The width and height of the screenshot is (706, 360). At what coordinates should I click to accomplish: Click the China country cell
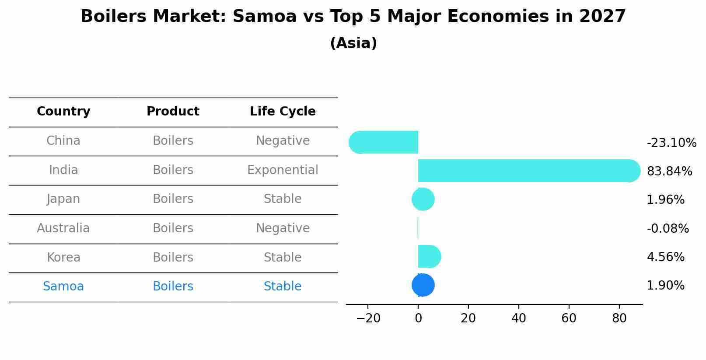[63, 141]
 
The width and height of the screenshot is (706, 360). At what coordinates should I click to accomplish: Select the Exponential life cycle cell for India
[283, 170]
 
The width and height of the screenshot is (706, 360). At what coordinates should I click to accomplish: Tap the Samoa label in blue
[63, 287]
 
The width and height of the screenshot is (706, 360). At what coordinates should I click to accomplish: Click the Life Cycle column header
[283, 112]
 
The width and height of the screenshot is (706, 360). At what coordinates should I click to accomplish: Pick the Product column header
[173, 112]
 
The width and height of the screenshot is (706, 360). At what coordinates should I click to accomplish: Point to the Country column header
[63, 112]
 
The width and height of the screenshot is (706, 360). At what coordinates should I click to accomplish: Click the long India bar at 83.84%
[525, 171]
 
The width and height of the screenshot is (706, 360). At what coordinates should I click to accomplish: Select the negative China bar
[385, 142]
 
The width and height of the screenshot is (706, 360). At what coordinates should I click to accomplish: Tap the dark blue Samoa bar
[423, 285]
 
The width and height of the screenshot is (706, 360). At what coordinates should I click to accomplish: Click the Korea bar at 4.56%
[429, 256]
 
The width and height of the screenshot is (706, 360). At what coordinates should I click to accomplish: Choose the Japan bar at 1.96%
[423, 199]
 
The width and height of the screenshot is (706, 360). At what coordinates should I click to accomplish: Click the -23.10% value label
[671, 143]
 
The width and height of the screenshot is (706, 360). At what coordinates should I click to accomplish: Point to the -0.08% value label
[668, 229]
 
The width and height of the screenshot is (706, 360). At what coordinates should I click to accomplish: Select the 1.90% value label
[665, 286]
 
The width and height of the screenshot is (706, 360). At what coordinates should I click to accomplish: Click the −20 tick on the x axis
[368, 318]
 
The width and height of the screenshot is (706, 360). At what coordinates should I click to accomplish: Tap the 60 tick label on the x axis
[569, 318]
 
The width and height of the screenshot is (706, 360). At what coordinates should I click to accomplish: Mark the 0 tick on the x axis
[418, 318]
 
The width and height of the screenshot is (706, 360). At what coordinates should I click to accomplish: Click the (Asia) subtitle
[353, 43]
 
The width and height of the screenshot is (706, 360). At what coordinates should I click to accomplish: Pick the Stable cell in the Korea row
[283, 258]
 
